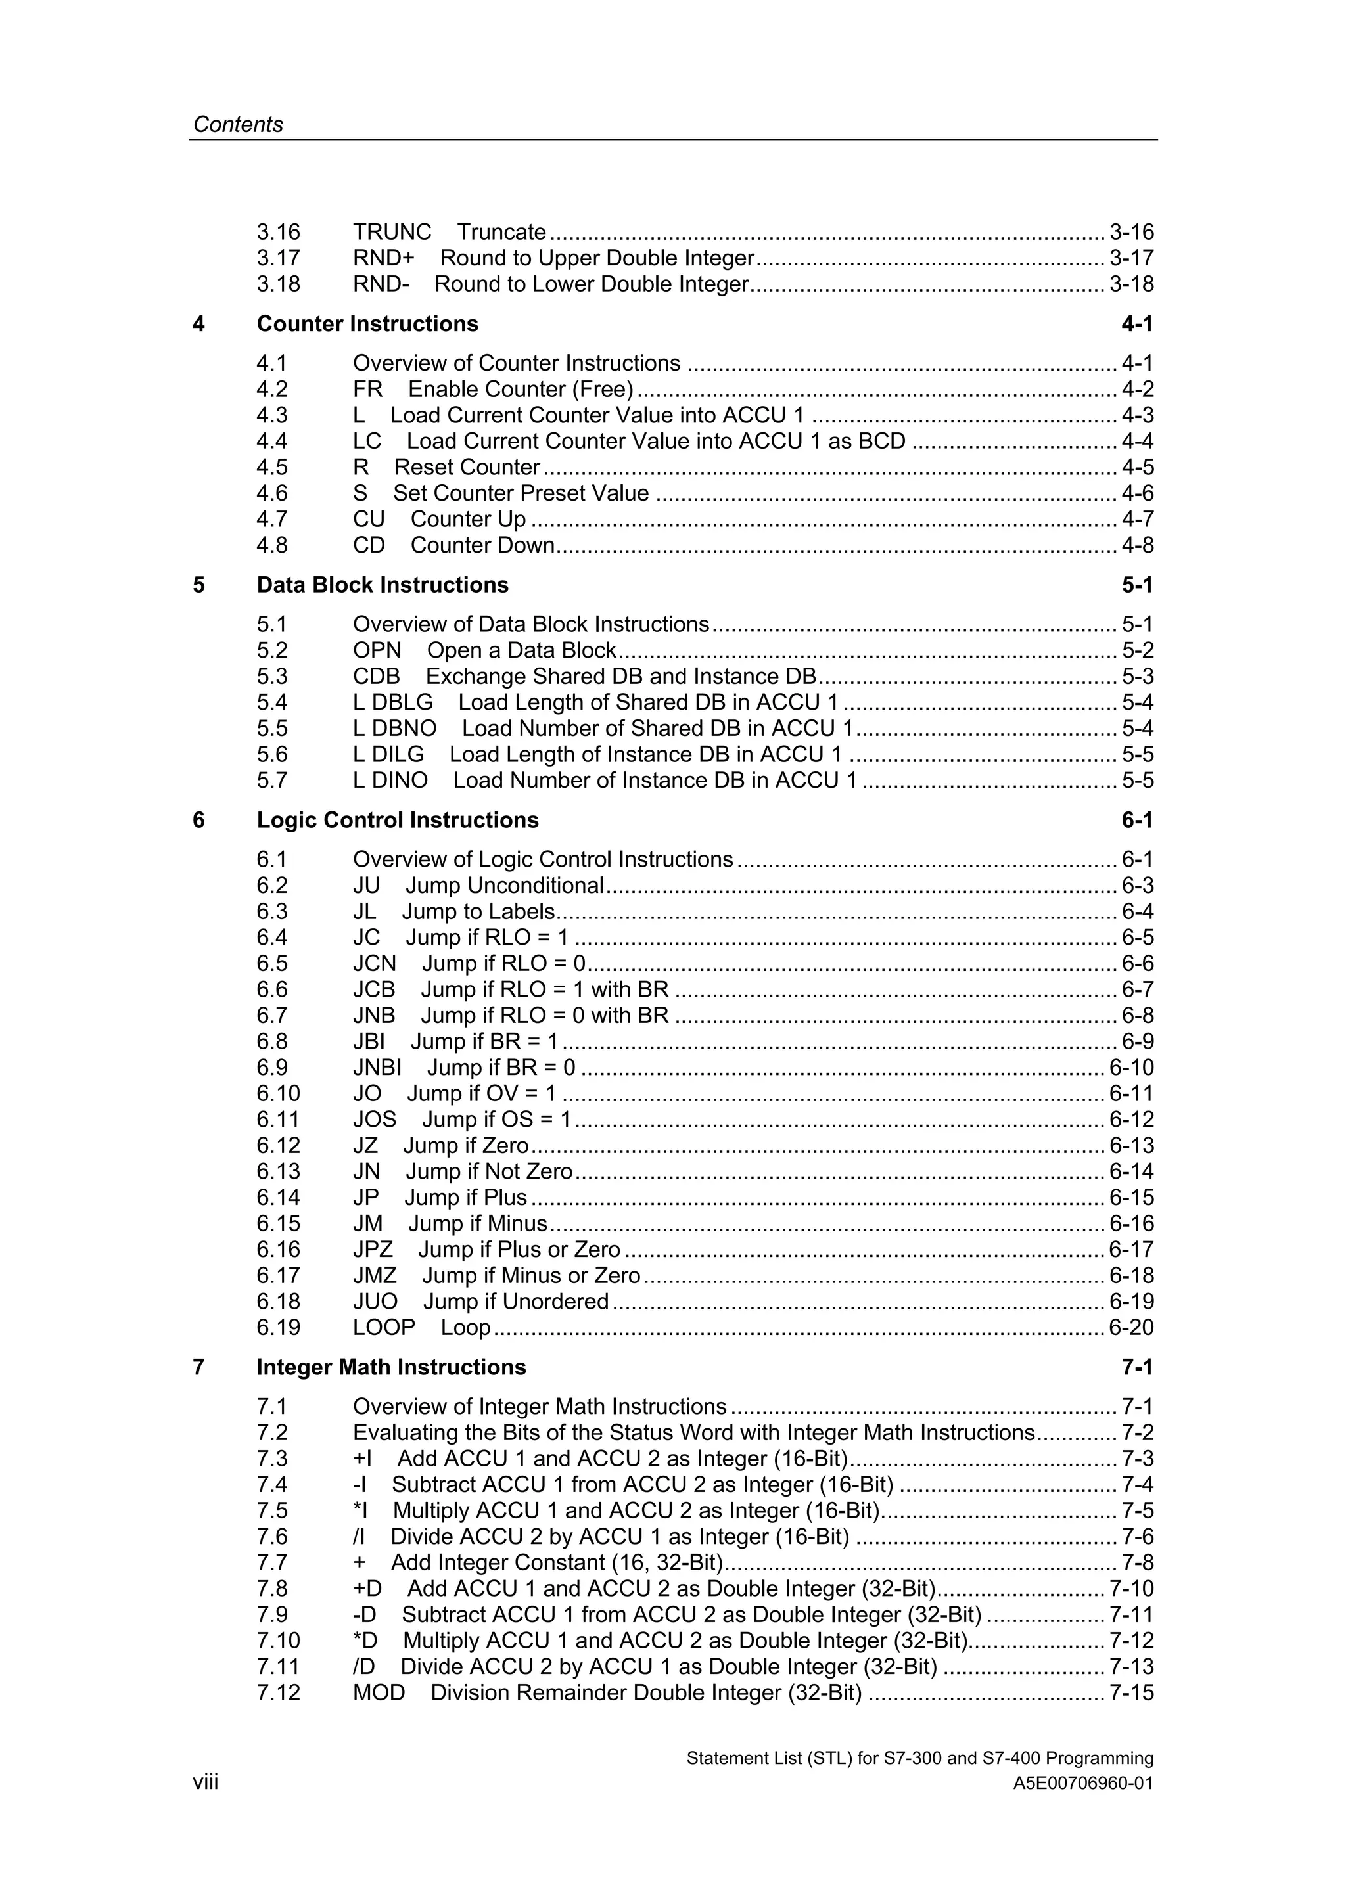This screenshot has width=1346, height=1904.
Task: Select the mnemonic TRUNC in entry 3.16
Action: click(392, 232)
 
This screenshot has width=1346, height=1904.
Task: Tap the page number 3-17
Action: click(1131, 258)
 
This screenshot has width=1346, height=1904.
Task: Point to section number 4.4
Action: click(272, 441)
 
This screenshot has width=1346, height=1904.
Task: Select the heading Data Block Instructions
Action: click(383, 585)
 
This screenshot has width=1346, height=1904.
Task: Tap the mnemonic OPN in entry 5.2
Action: click(377, 650)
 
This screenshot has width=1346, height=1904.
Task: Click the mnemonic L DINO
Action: click(390, 781)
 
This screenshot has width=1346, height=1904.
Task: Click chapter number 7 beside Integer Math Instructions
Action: click(198, 1367)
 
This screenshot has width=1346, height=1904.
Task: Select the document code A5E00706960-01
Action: click(1082, 1784)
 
